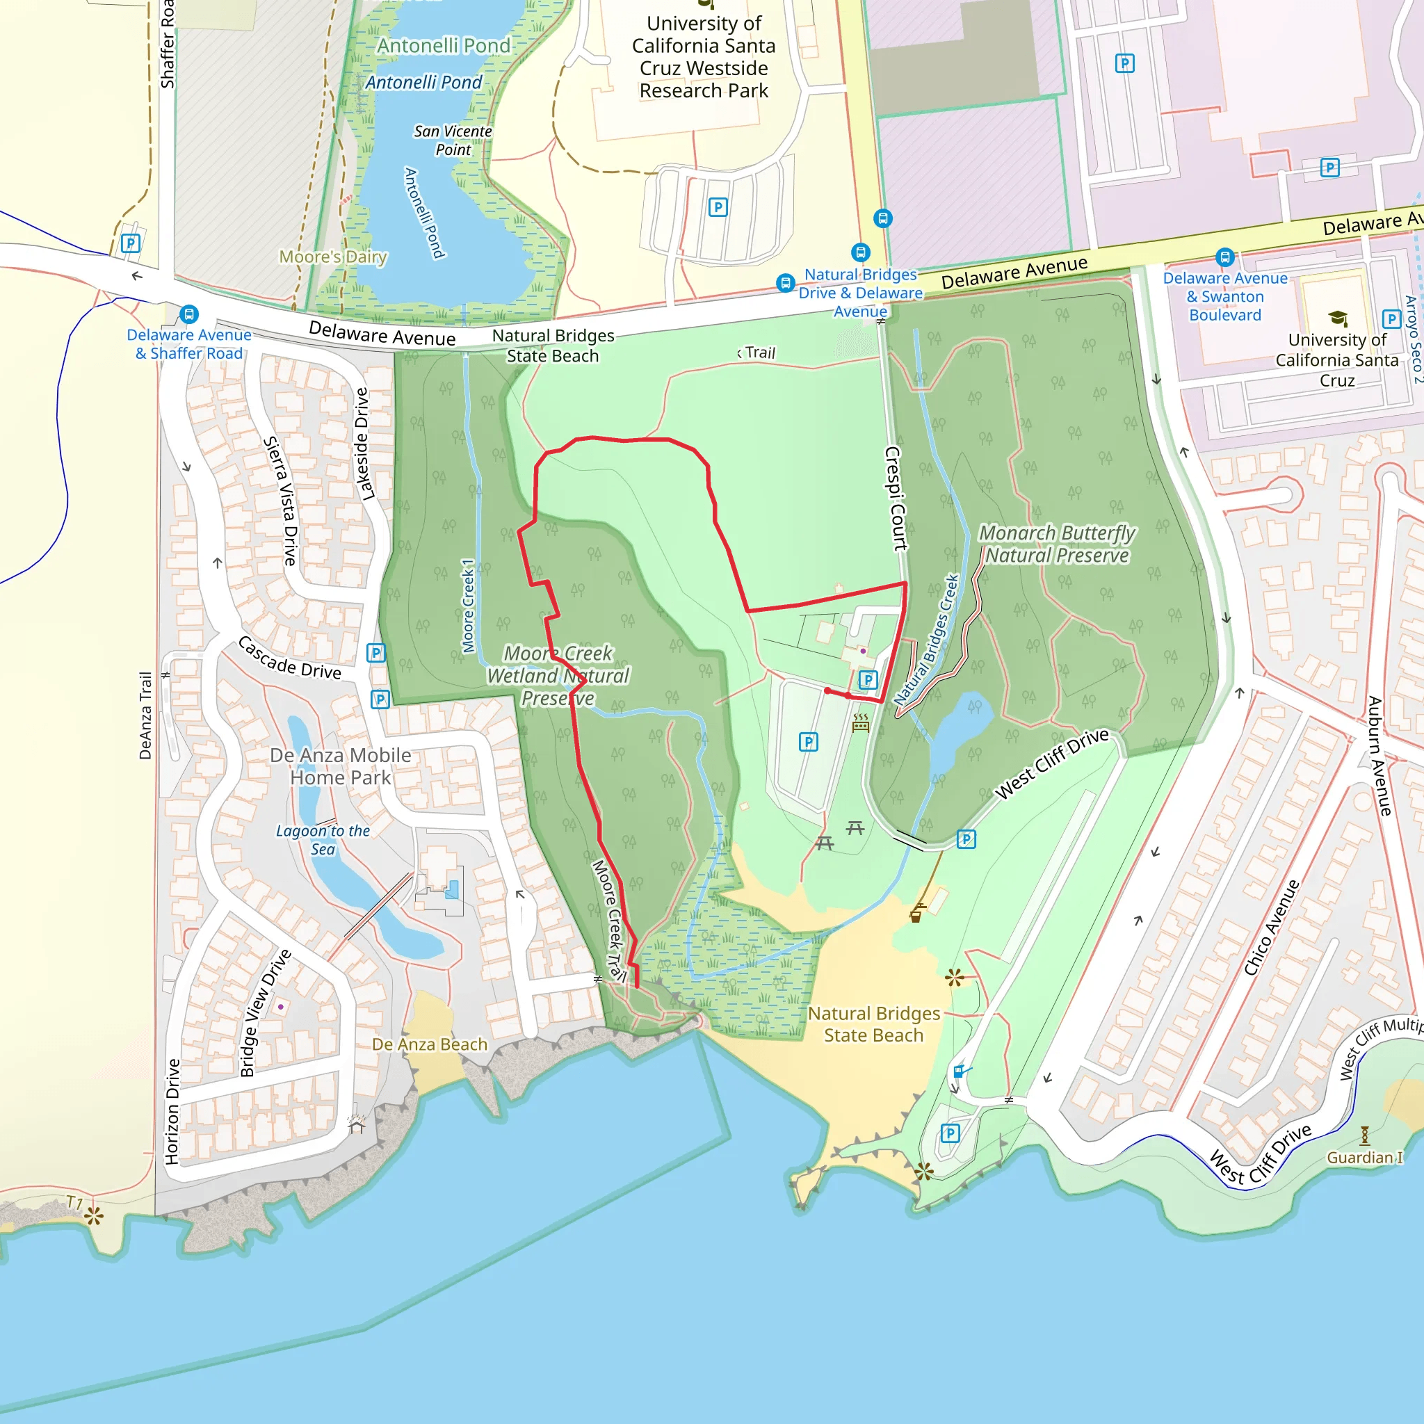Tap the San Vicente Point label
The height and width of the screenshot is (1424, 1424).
click(453, 140)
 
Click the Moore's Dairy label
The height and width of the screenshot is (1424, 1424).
click(333, 257)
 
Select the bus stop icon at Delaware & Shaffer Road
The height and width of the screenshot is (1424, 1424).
click(189, 314)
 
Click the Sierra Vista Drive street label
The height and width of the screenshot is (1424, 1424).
click(281, 501)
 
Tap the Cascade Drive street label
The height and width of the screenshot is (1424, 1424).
click(290, 658)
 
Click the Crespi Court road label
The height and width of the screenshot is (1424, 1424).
click(895, 499)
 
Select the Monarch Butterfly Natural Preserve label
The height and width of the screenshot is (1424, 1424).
click(1057, 544)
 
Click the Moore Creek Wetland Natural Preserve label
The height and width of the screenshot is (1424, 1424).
click(558, 675)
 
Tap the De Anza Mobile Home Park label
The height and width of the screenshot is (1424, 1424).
click(341, 766)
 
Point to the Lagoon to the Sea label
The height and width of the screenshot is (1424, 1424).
click(323, 839)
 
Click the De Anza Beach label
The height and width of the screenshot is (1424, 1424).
click(430, 1044)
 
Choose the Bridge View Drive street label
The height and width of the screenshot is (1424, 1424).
click(266, 1014)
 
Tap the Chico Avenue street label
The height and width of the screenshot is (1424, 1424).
click(1272, 928)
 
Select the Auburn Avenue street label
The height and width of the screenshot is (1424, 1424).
click(1379, 756)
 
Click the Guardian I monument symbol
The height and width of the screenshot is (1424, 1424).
click(1364, 1135)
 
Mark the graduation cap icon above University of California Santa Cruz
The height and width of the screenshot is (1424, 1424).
click(1338, 318)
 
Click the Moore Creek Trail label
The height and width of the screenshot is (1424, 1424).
click(610, 921)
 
